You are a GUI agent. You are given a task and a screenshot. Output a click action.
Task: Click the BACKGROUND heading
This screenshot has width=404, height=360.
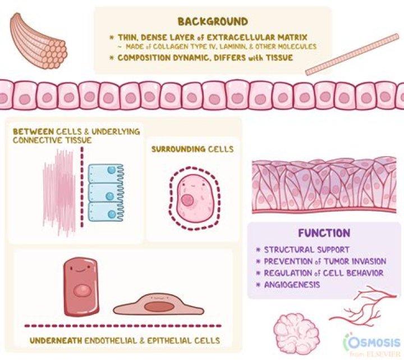click(x=213, y=22)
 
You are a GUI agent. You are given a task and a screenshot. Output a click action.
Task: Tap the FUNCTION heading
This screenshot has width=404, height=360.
click(x=324, y=233)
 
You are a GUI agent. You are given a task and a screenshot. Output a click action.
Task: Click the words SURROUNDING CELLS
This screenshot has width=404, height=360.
click(x=192, y=150)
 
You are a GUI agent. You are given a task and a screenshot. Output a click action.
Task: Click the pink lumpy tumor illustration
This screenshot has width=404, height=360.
click(x=296, y=331)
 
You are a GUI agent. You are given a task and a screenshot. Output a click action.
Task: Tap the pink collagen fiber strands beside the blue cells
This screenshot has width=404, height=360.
click(x=59, y=194)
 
